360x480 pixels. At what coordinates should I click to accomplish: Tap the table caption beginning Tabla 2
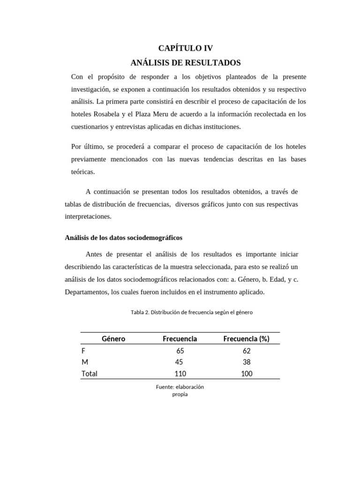point(192,312)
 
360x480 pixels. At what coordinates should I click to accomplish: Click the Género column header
point(113,338)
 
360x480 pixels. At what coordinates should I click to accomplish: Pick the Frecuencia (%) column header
point(246,338)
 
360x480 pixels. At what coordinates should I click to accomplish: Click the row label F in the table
point(83,351)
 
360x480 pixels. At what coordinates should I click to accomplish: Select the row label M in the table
point(84,362)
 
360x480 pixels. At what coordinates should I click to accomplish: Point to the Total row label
point(90,374)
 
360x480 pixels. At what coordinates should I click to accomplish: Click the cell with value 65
point(180,351)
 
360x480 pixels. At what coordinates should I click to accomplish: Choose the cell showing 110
point(180,374)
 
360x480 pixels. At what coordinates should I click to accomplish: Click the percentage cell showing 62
point(247,351)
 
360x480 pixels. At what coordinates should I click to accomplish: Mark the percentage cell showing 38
point(247,362)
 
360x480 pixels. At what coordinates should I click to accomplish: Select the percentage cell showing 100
point(247,374)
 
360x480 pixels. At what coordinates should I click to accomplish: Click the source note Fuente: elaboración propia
point(180,390)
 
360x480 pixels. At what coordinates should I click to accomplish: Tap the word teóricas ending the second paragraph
point(83,172)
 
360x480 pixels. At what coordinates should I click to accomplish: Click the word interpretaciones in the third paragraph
point(88,217)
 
